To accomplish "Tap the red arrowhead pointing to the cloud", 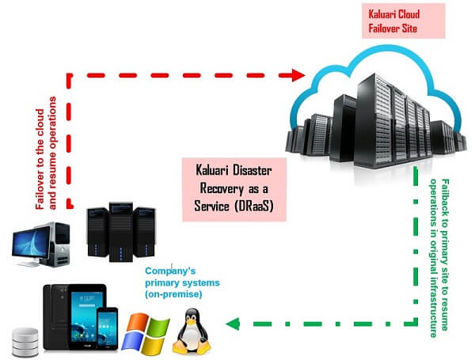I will pyautogui.click(x=298, y=75).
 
